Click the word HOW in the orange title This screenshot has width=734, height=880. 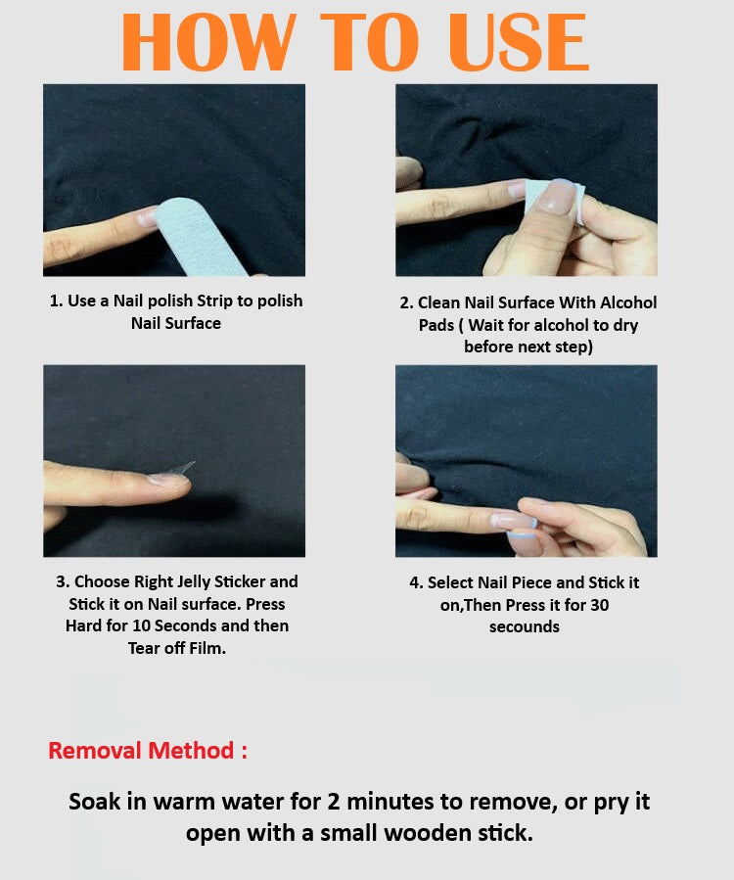[x=208, y=43]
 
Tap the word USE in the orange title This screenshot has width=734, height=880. [x=518, y=43]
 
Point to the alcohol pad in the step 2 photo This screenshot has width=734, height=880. [x=553, y=201]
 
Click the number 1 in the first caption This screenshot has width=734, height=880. [x=55, y=301]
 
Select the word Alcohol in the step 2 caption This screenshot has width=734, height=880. [x=628, y=303]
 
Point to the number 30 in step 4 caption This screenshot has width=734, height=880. [x=599, y=605]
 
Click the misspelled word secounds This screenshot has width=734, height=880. [x=525, y=626]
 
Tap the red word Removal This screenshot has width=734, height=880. [x=94, y=751]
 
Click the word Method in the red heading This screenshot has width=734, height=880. [x=191, y=751]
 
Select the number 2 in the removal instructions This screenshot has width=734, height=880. [x=334, y=802]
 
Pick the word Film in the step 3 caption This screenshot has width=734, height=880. [x=207, y=648]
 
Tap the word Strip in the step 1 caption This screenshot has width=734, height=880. [x=214, y=301]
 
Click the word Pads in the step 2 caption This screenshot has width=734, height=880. [x=436, y=326]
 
